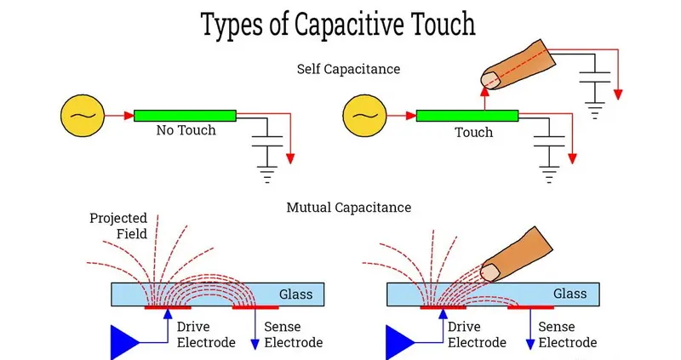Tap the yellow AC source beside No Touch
(x=82, y=116)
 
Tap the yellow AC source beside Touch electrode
(x=363, y=116)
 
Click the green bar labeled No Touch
(x=185, y=116)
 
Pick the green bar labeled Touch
(x=467, y=116)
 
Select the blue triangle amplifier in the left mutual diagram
(x=125, y=341)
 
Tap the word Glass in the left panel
(x=296, y=294)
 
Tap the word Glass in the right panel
(x=570, y=294)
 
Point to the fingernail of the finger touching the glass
(x=491, y=271)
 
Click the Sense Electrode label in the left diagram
(x=294, y=334)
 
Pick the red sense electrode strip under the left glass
(x=255, y=306)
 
